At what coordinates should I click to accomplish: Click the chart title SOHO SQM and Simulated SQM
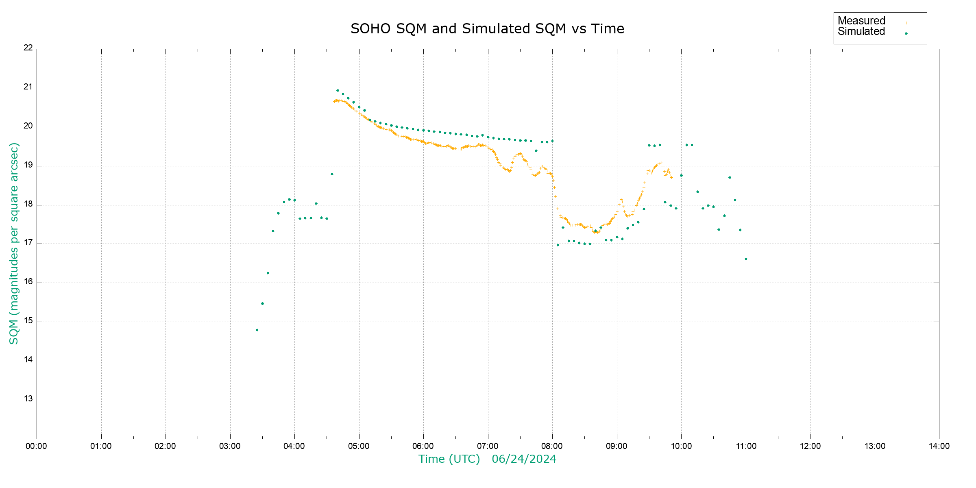[x=487, y=29]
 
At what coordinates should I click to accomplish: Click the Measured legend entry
[x=861, y=21]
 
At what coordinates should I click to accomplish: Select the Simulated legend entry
[x=861, y=32]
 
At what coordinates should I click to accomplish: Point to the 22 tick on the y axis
[x=28, y=48]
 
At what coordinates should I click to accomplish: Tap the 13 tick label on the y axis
[x=28, y=399]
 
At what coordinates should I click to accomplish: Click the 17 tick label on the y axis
[x=28, y=243]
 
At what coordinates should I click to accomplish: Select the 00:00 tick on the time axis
[x=37, y=446]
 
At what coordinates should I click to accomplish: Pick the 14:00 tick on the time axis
[x=939, y=446]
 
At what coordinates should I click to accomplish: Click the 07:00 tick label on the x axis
[x=488, y=446]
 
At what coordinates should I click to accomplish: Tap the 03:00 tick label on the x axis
[x=230, y=446]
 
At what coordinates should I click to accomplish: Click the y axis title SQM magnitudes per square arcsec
[x=14, y=243]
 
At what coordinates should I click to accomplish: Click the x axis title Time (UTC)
[x=449, y=459]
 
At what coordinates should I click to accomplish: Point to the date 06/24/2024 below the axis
[x=524, y=459]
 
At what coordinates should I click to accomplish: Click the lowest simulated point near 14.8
[x=257, y=330]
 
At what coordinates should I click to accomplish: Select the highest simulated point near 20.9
[x=338, y=91]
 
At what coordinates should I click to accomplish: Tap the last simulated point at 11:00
[x=746, y=259]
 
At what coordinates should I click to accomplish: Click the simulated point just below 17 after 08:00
[x=558, y=245]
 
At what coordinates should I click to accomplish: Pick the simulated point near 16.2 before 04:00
[x=268, y=273]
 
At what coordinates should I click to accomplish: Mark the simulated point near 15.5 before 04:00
[x=262, y=303]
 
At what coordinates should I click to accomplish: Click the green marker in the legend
[x=906, y=33]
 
